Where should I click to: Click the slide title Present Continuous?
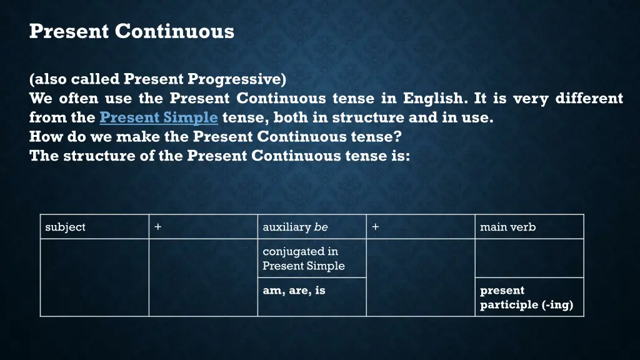[131, 31]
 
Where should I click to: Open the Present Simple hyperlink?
[159, 117]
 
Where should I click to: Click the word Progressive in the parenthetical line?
[237, 79]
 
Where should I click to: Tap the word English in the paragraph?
[433, 99]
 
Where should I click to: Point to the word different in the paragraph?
[589, 99]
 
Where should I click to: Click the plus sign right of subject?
[157, 227]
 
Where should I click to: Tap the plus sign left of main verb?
[374, 227]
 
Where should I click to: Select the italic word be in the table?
[321, 227]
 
